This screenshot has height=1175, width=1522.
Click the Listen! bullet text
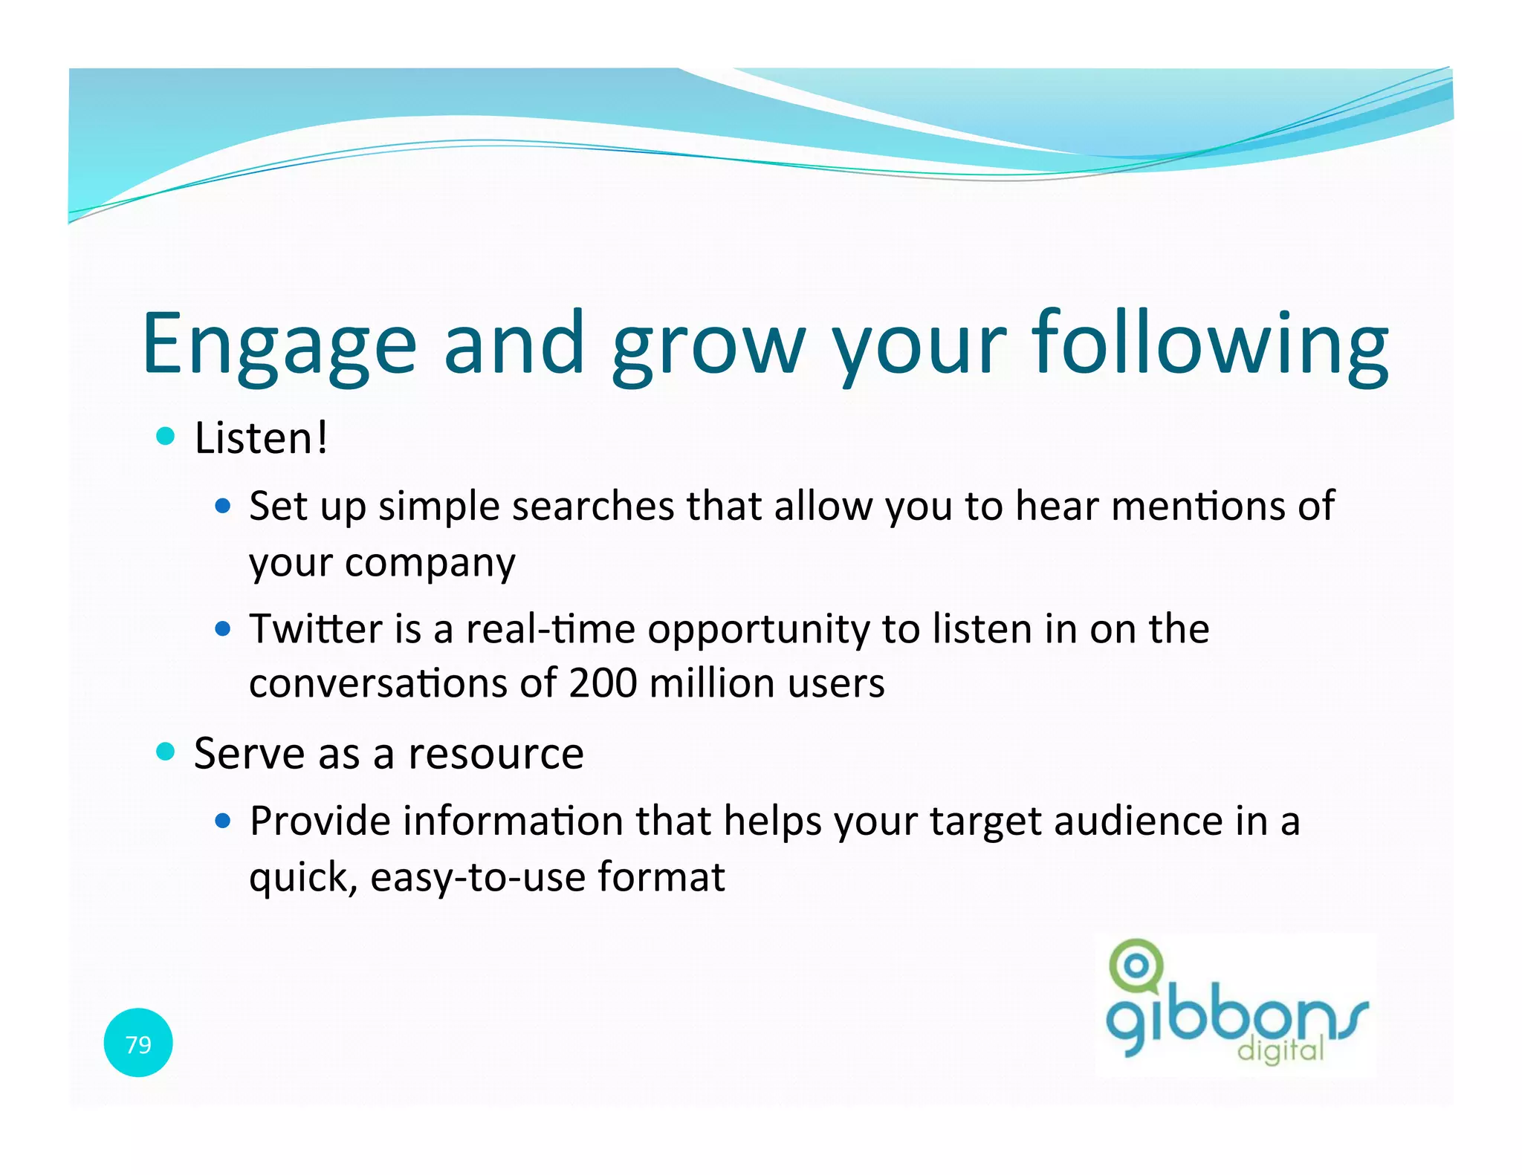click(260, 437)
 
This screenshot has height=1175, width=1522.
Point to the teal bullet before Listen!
click(166, 436)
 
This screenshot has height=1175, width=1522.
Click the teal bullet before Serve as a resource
click(166, 752)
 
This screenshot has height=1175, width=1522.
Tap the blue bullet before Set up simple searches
click(222, 507)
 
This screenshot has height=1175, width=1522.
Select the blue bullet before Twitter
click(222, 630)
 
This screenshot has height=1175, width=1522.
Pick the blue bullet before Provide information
click(222, 821)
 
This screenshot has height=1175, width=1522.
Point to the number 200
click(603, 683)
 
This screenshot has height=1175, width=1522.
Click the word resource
click(496, 754)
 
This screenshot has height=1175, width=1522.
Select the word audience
click(1138, 821)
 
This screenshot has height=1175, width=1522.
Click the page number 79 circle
click(138, 1044)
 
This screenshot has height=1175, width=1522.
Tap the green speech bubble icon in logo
click(1135, 966)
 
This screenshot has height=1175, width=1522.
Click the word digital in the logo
click(1280, 1050)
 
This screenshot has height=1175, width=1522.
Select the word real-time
click(550, 629)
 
